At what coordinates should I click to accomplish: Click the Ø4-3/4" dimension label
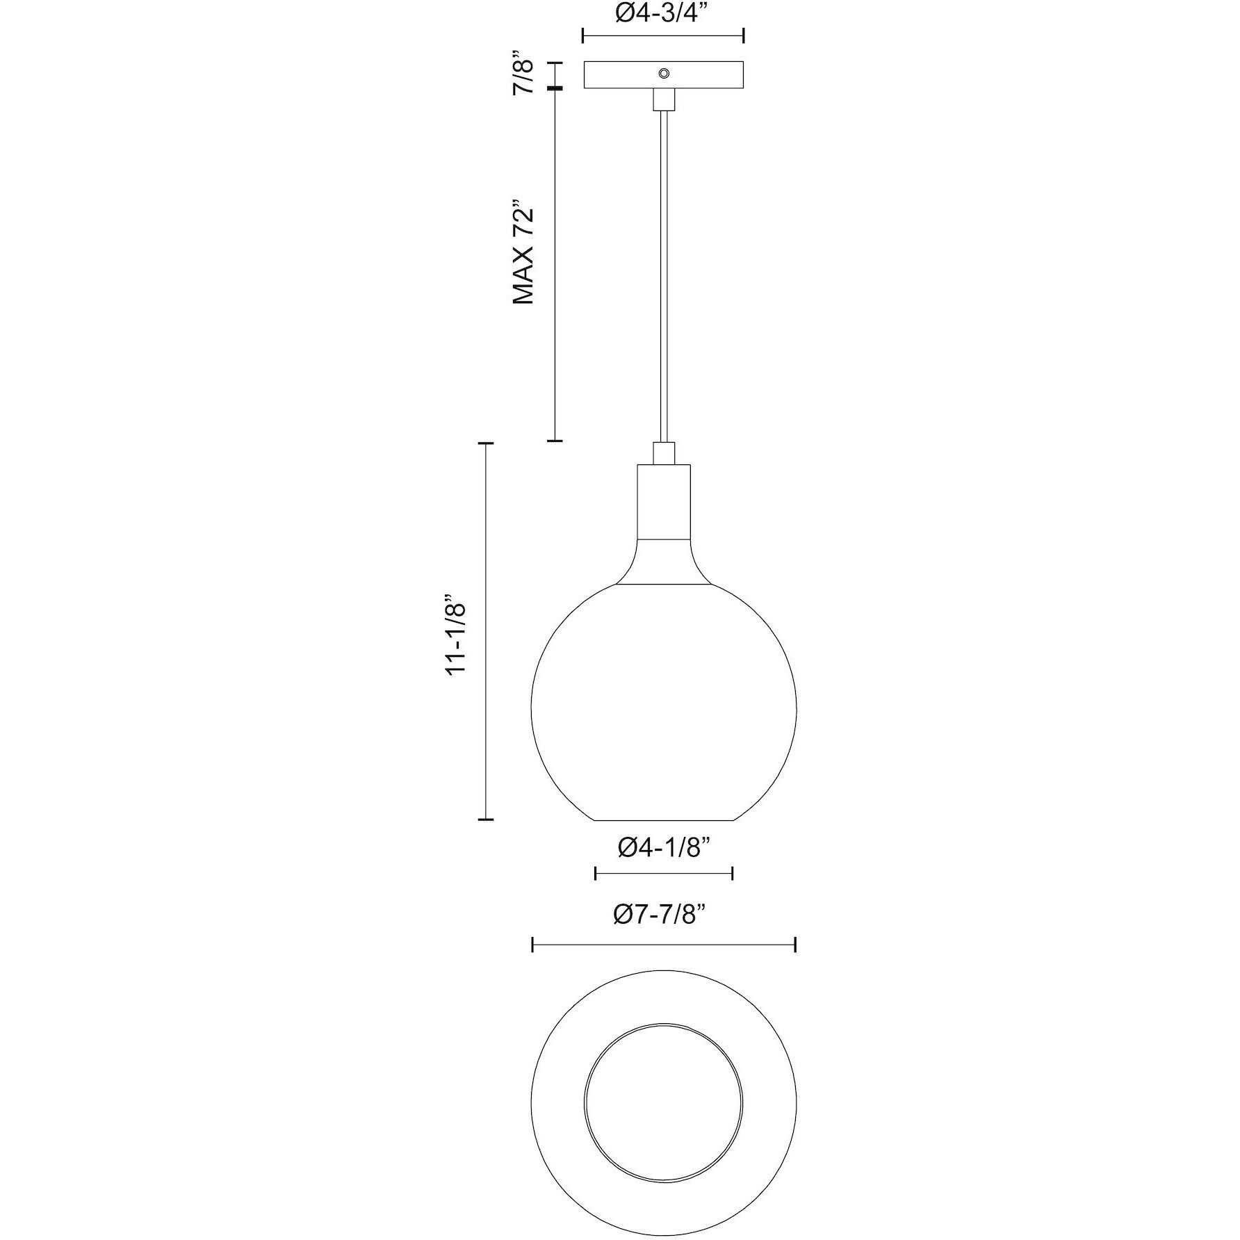[x=662, y=14]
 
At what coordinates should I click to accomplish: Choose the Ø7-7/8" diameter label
[x=664, y=916]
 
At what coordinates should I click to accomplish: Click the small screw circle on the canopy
[x=664, y=74]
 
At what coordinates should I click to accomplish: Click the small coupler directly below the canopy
[x=664, y=99]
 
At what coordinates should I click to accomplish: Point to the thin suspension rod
[x=664, y=278]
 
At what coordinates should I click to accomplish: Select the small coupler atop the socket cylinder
[x=664, y=452]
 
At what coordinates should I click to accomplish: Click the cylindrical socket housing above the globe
[x=664, y=500]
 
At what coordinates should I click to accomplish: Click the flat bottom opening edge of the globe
[x=664, y=821]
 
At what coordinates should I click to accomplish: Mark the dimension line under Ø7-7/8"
[x=664, y=945]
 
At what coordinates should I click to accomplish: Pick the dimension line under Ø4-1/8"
[x=664, y=874]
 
